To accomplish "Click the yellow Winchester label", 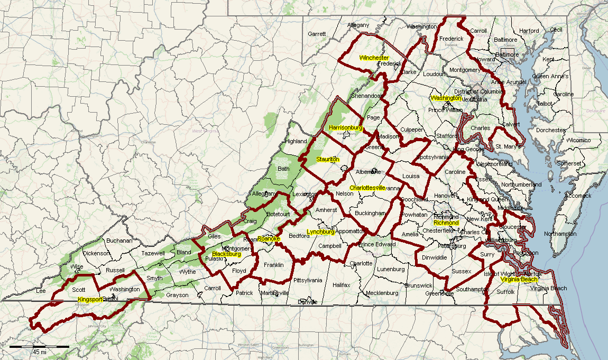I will coord(374,58).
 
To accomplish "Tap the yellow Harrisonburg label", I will coord(345,128).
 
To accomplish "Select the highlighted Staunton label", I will coord(327,159).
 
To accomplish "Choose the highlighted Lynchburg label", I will coord(320,232).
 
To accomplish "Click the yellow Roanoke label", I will coord(269,239).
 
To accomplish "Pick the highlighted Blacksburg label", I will coord(226,254).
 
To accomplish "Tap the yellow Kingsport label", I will coord(90,300).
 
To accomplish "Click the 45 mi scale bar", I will coord(39,347).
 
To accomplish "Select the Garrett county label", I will coord(317,34).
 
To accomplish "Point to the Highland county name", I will coord(296,141).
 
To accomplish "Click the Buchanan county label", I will coord(119,241).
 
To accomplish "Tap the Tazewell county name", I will coord(153,253).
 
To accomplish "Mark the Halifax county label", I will coord(342,285).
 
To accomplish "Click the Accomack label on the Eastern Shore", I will coord(578,196).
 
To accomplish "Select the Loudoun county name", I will coord(434,75).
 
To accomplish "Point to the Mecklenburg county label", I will coord(382,293).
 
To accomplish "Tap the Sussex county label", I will coord(462,271).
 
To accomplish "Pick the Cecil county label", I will coord(556,30).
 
